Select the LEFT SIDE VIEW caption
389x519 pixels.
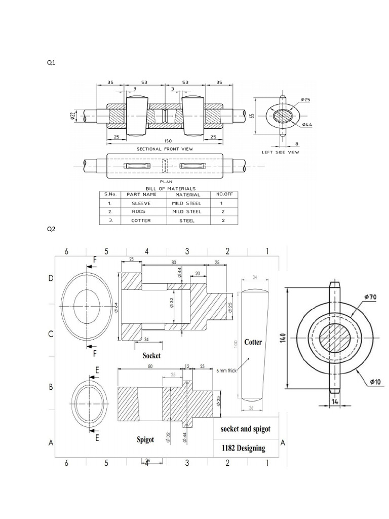(282, 152)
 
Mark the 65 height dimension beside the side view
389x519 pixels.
(252, 115)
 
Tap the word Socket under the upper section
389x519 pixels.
(151, 355)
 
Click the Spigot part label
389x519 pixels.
(145, 439)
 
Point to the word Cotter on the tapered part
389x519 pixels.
(253, 342)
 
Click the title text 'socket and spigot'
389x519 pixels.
(246, 429)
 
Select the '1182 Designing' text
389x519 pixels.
(243, 448)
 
